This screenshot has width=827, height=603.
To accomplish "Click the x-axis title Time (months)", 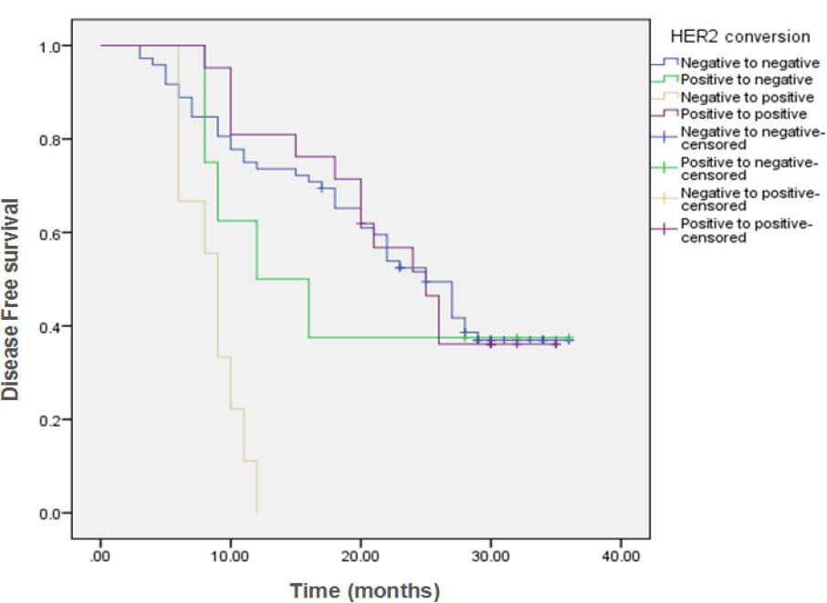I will (364, 590).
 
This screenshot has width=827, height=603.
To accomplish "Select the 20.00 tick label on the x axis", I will (361, 556).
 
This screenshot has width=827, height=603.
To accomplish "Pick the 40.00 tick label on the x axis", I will (620, 556).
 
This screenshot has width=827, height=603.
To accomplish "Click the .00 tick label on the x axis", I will (100, 556).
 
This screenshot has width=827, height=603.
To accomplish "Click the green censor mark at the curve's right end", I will (570, 338).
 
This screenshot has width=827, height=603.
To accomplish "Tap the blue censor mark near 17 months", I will (320, 187).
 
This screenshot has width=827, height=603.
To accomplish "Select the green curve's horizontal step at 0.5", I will (282, 279).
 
